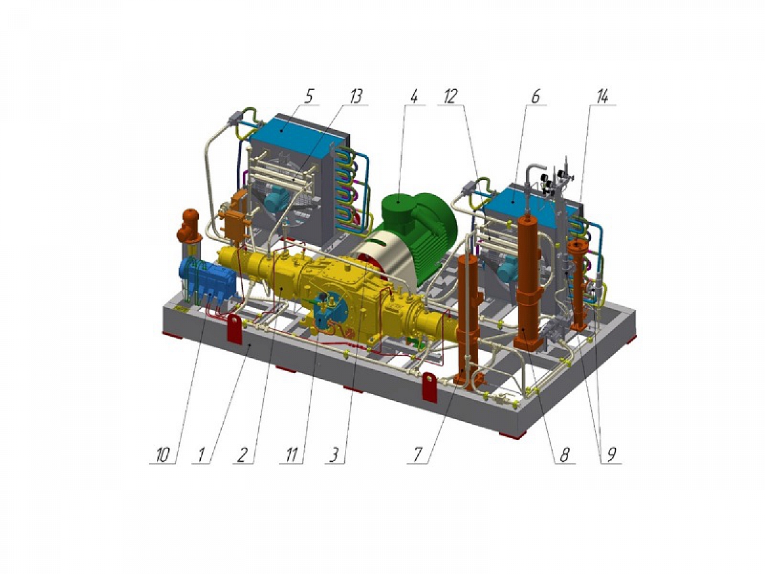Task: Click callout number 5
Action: point(308,96)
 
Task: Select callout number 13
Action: point(356,96)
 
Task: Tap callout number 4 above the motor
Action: point(413,96)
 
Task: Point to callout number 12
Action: point(450,96)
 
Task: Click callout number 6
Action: point(535,96)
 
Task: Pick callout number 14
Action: point(602,96)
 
